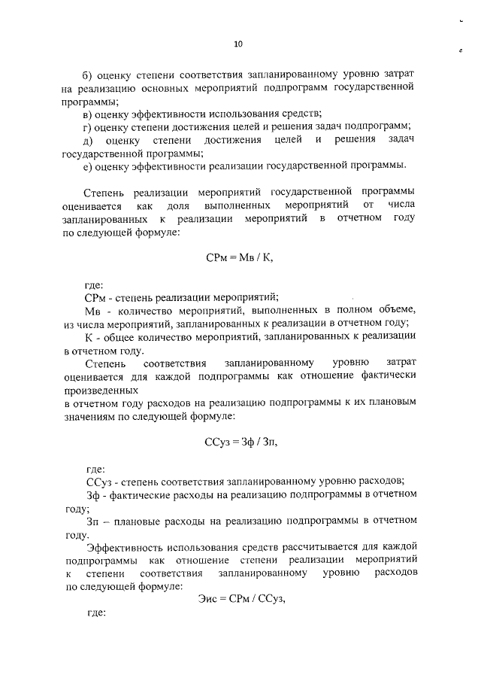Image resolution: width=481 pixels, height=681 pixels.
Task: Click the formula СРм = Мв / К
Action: (239, 257)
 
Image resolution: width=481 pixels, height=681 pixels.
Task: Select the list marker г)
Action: (86, 126)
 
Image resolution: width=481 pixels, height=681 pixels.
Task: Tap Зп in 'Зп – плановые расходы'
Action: (94, 520)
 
